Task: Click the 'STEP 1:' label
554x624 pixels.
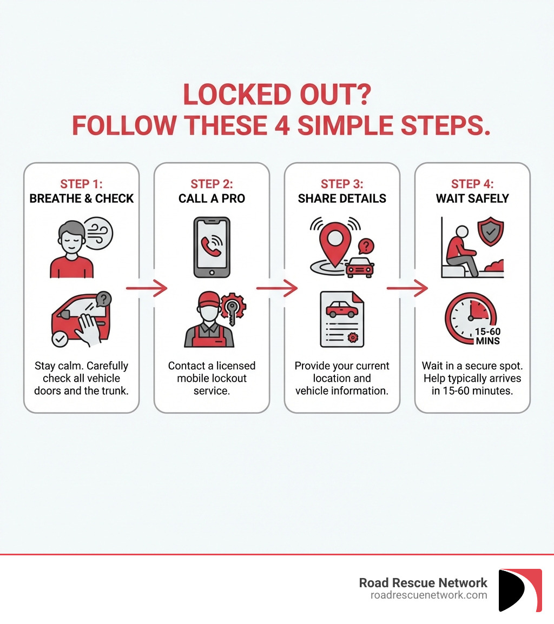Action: point(81,184)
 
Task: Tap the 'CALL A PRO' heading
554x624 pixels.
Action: point(212,198)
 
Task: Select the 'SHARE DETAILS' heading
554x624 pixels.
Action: point(342,198)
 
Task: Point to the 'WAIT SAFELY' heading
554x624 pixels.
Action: point(472,198)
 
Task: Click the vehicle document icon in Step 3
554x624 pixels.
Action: point(342,319)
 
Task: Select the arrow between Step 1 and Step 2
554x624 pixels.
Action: point(147,289)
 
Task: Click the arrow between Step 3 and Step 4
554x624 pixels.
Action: point(407,289)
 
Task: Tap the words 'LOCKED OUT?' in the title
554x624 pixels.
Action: point(276,95)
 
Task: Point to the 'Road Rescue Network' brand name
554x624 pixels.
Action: point(423,582)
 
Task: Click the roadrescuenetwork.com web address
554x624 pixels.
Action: point(428,595)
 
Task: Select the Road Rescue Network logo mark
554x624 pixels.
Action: point(519,590)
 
